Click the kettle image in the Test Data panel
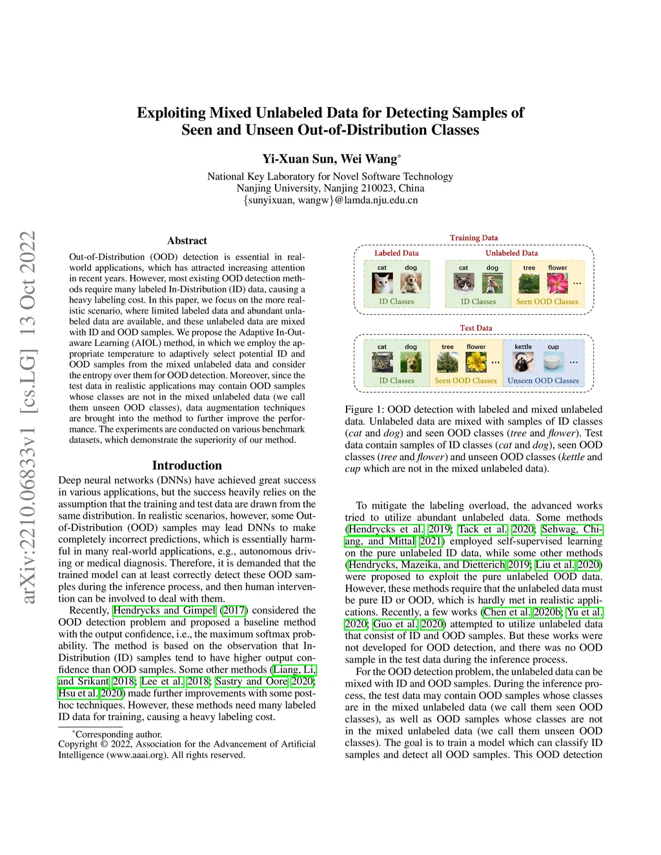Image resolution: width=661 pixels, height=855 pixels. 523,362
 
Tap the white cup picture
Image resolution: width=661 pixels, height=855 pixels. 553,362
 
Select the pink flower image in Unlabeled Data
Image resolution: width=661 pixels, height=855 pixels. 557,283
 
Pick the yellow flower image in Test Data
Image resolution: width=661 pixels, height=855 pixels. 476,362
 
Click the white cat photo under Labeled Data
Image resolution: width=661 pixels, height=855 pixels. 382,283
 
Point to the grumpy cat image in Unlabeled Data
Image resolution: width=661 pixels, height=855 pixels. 463,283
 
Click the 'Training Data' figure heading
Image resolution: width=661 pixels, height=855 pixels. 474,238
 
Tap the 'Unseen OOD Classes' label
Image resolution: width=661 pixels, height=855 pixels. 543,381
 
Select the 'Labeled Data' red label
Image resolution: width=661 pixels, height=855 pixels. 396,253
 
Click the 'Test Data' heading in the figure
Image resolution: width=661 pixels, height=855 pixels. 476,328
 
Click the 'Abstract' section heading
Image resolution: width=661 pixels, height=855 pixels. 187,241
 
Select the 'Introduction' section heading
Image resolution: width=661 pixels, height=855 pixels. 187,465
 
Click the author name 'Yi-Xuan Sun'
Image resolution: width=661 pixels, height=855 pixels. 298,159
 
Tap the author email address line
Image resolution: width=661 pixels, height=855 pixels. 330,200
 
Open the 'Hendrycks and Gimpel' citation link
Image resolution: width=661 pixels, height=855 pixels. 164,610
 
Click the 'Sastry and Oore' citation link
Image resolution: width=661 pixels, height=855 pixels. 252,681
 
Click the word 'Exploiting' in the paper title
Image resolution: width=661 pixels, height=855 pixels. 171,113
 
